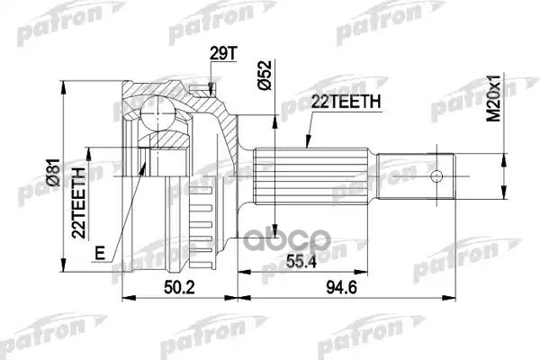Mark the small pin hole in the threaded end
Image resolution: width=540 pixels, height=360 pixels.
pyautogui.click(x=437, y=176)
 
